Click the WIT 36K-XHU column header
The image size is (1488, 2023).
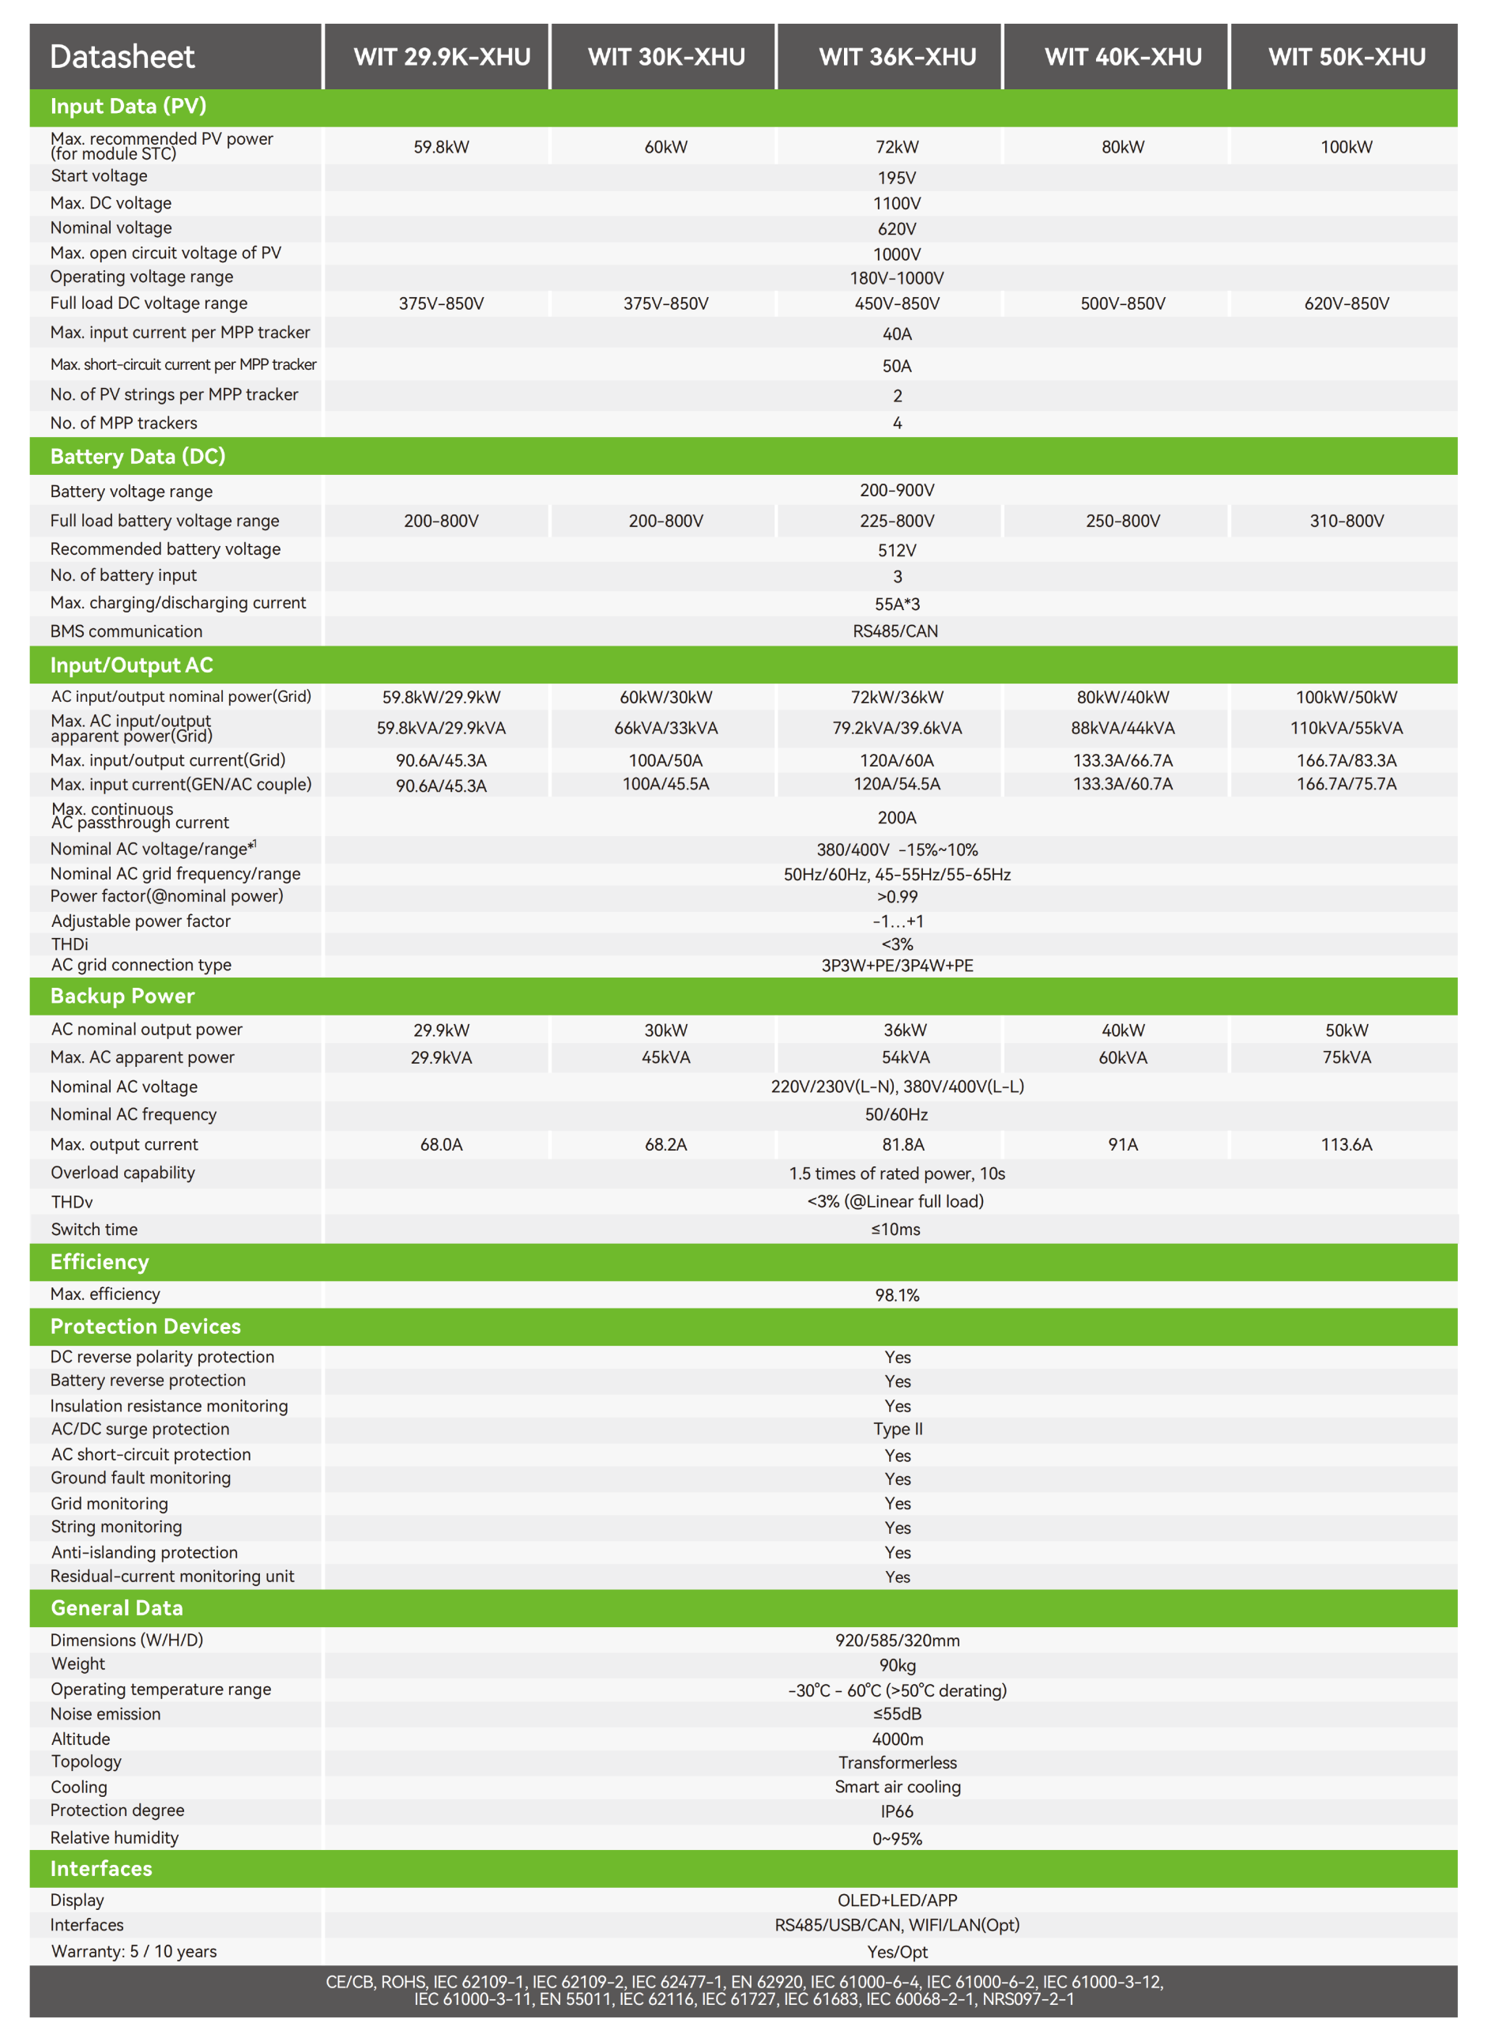897,57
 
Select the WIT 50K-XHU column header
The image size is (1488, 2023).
1347,57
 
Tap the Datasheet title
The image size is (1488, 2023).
122,57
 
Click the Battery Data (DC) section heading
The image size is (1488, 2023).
137,457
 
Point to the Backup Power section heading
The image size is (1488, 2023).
122,996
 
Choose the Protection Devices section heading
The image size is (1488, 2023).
146,1327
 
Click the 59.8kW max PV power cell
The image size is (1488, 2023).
442,147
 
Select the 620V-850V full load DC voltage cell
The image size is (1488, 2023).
1347,303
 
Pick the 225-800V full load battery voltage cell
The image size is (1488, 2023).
897,521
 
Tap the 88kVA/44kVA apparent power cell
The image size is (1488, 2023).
1122,728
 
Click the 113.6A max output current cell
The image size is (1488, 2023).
1347,1145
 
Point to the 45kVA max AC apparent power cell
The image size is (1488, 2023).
665,1057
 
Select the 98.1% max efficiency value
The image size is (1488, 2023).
897,1295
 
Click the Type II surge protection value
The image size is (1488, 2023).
897,1430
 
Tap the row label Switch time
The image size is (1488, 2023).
95,1230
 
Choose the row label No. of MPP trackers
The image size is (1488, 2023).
123,424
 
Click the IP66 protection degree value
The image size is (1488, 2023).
897,1811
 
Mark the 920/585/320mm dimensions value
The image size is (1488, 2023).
897,1641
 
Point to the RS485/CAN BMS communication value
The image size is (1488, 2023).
895,631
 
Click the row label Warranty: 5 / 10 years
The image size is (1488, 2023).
134,1952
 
